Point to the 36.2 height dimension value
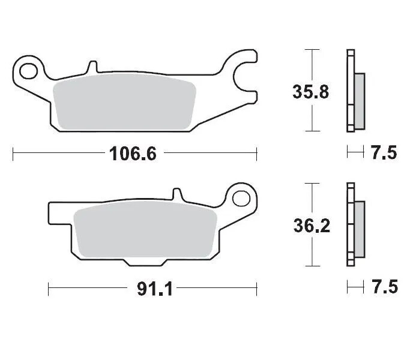pos(310,227)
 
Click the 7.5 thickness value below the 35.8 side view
pos(384,154)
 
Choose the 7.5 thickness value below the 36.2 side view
pos(384,288)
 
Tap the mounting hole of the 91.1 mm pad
pos(243,197)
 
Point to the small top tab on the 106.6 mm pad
pos(91,66)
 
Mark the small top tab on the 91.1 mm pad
pos(176,196)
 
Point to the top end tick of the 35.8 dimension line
pos(311,50)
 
